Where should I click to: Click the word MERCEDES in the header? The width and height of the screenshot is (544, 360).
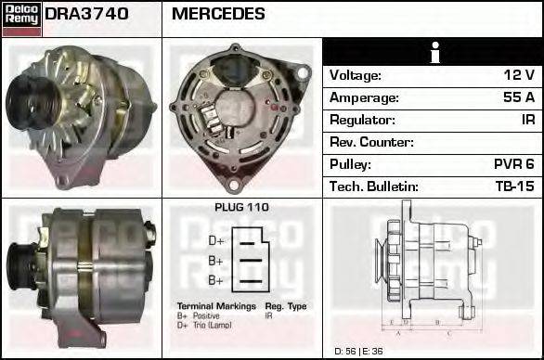click(218, 14)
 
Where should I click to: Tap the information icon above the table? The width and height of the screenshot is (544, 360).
click(433, 53)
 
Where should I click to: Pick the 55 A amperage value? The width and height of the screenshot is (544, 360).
click(517, 97)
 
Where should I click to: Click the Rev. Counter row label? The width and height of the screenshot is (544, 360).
click(371, 142)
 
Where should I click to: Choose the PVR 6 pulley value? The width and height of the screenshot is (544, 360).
click(513, 164)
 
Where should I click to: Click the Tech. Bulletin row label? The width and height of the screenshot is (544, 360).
click(374, 186)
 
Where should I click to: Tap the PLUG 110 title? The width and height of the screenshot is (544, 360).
click(241, 208)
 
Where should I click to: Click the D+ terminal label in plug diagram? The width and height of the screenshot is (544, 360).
click(215, 240)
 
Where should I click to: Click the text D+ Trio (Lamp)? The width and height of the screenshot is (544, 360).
click(207, 325)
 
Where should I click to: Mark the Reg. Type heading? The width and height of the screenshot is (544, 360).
click(286, 306)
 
